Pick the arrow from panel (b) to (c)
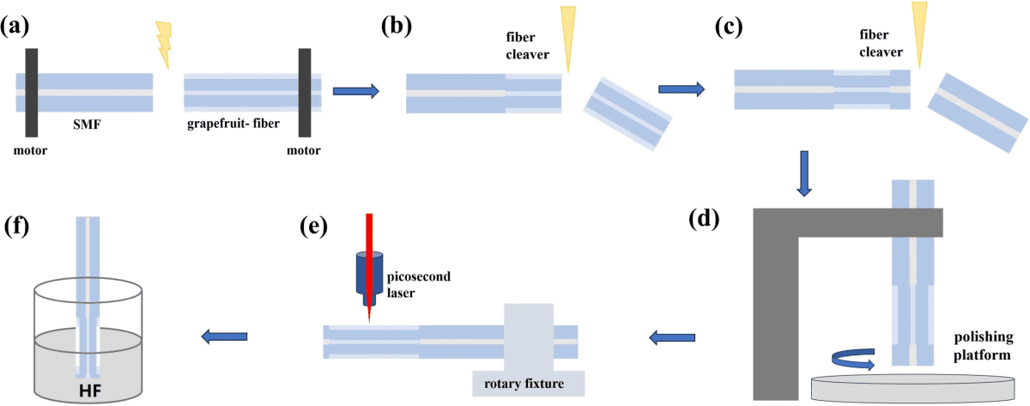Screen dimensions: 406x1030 (682, 88)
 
